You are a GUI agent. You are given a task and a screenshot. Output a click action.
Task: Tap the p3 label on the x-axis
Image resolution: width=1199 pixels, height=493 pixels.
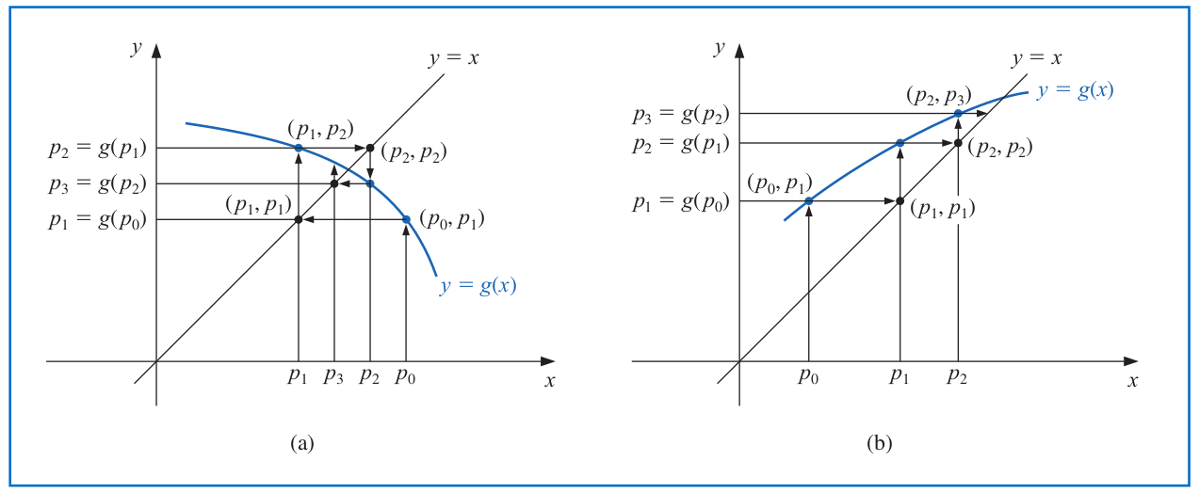(x=334, y=377)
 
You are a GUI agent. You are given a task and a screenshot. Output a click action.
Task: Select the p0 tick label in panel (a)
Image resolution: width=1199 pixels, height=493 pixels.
(x=406, y=377)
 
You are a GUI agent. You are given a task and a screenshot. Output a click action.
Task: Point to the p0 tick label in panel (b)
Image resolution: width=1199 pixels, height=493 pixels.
(x=809, y=377)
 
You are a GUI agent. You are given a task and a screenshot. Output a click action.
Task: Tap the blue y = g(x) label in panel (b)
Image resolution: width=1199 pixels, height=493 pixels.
(x=1075, y=90)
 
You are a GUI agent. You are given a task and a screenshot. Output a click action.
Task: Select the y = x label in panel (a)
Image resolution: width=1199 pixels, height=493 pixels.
(x=454, y=57)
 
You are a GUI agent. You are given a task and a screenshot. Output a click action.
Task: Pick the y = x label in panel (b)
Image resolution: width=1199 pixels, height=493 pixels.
(x=1037, y=57)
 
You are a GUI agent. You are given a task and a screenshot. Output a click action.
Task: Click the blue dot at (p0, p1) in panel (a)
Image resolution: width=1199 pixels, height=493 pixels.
(x=406, y=219)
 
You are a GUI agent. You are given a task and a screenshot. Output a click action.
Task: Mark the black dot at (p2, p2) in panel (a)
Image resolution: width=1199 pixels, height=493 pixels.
(x=370, y=148)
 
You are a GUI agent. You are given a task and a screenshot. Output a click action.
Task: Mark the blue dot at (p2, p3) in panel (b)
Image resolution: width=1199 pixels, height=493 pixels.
(x=958, y=114)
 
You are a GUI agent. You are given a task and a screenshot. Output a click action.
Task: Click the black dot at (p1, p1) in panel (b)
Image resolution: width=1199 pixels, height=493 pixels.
(x=900, y=201)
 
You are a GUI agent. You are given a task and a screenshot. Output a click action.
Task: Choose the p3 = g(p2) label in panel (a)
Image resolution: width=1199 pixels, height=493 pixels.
(x=97, y=183)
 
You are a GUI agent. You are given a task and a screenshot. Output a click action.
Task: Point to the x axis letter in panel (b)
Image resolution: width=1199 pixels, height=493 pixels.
(x=1133, y=381)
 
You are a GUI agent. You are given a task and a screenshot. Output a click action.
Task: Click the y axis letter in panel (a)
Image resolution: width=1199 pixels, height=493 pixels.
(x=137, y=49)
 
